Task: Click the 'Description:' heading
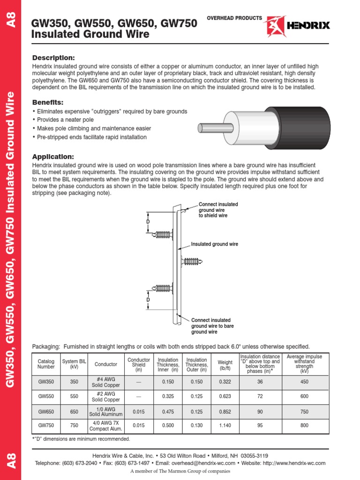tap(53, 58)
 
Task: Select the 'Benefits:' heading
tap(48, 102)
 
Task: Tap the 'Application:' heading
tap(53, 157)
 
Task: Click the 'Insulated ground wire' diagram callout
tap(214, 244)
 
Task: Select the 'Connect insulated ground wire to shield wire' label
tap(218, 210)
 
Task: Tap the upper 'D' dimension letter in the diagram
tap(148, 221)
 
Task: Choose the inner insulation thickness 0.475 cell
tap(168, 411)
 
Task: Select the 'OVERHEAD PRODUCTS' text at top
tap(234, 18)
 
